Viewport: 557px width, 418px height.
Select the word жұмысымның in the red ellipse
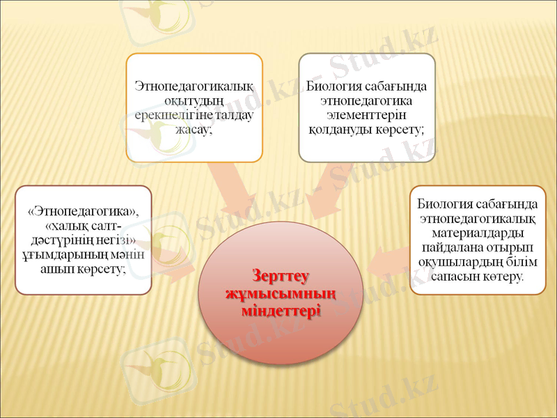[x=281, y=292]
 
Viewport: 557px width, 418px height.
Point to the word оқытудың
[x=195, y=102]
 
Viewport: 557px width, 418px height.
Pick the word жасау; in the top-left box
[x=195, y=130]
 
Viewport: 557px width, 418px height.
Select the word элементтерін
[x=367, y=116]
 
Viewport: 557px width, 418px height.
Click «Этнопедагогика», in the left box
[x=84, y=211]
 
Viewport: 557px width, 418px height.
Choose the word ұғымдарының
[x=59, y=255]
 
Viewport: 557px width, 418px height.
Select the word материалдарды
[x=478, y=233]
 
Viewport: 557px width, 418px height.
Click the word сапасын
[x=455, y=277]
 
